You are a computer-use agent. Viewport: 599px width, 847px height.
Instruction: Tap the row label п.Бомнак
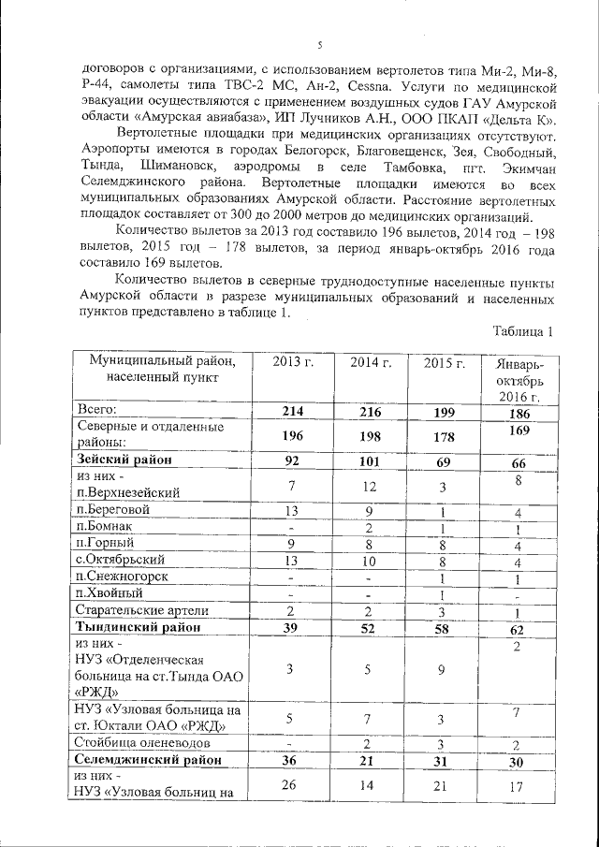click(x=106, y=527)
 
